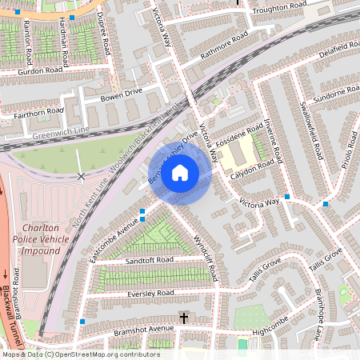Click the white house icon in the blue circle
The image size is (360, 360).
click(x=180, y=172)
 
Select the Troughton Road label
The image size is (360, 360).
click(x=278, y=9)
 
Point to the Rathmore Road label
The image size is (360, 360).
click(x=220, y=46)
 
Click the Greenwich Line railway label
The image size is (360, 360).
click(x=60, y=135)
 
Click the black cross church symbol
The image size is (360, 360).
click(x=182, y=318)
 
